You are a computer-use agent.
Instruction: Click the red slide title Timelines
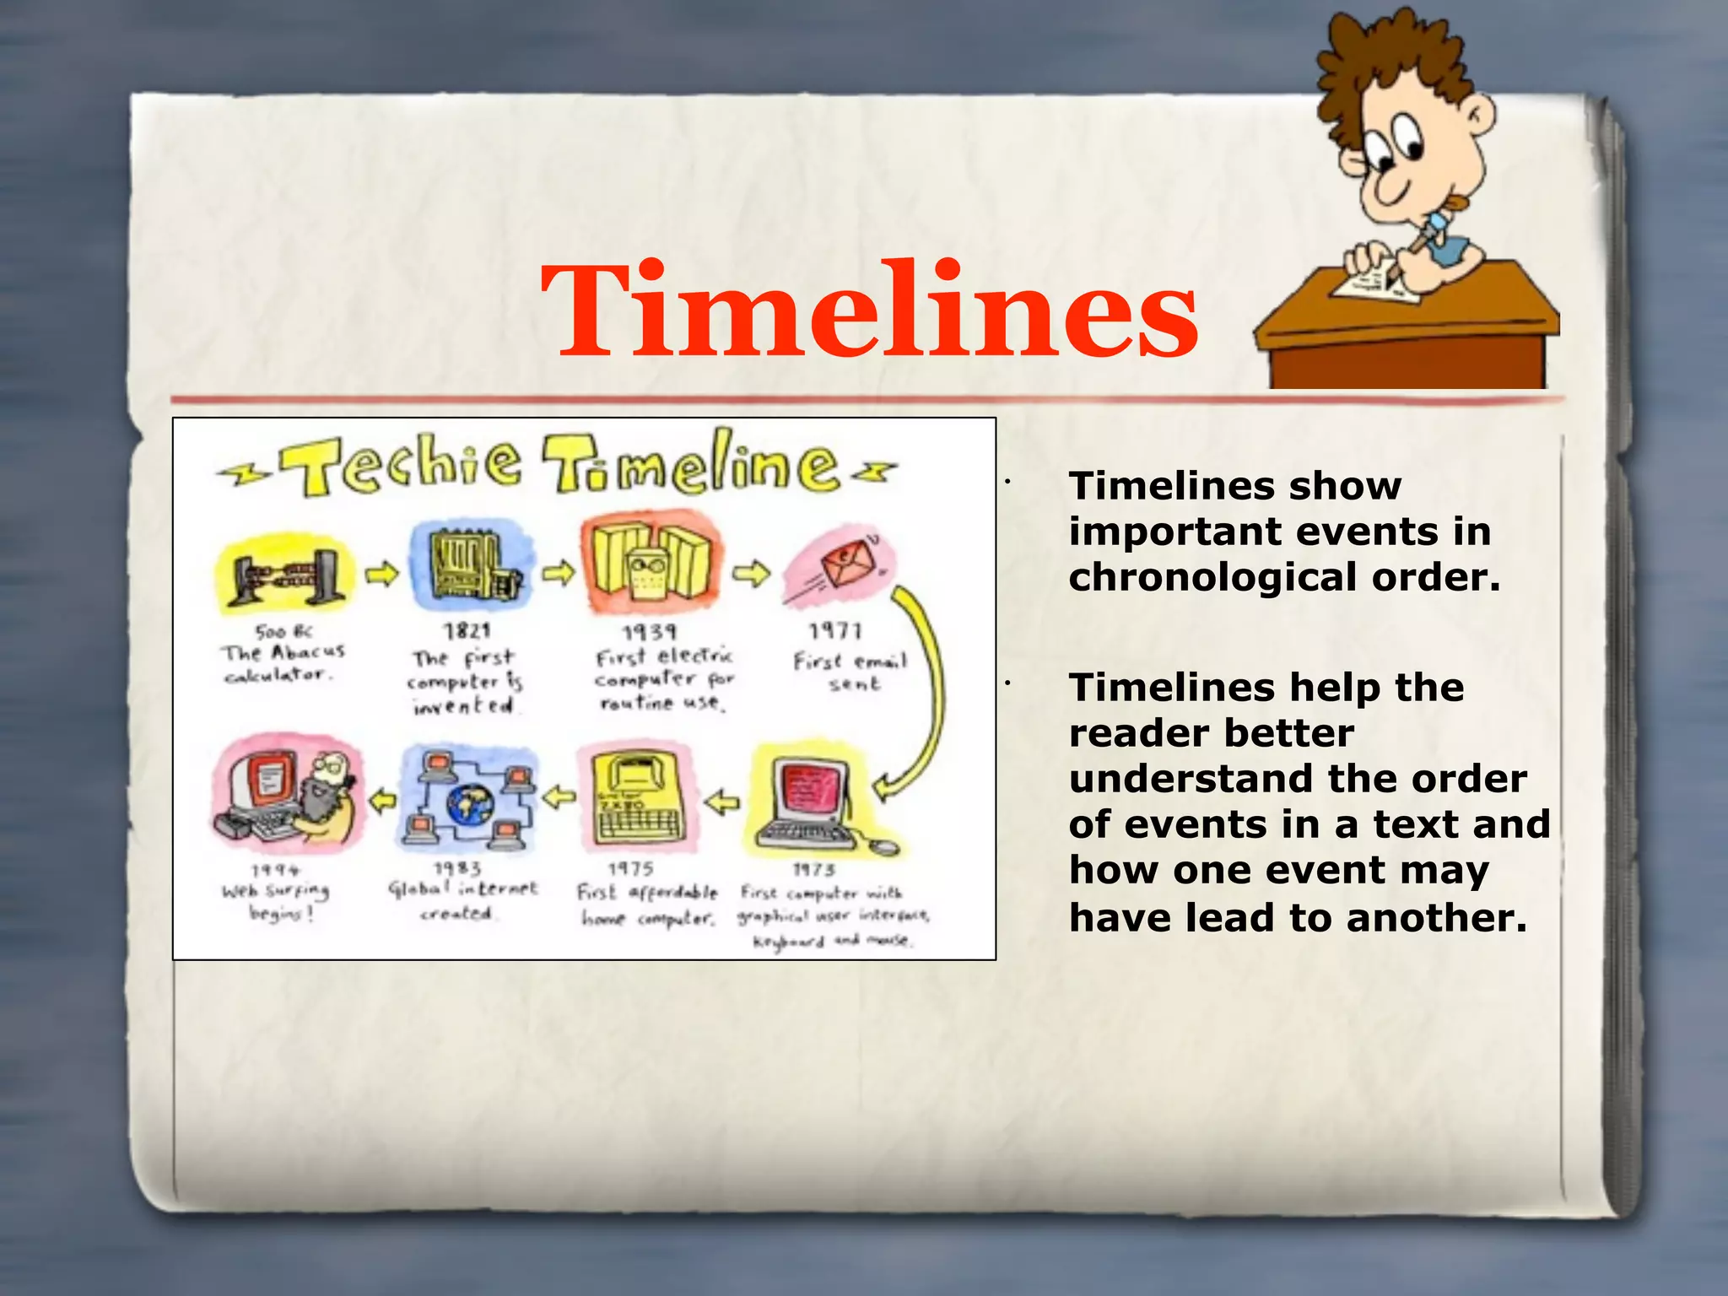click(x=869, y=312)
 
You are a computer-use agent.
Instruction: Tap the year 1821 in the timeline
click(x=467, y=631)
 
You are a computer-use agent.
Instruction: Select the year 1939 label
click(x=649, y=633)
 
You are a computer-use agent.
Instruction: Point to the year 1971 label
click(x=835, y=631)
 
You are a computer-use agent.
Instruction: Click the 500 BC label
click(x=283, y=631)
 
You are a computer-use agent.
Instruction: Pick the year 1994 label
click(x=275, y=870)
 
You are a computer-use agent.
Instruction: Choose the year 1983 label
click(x=457, y=869)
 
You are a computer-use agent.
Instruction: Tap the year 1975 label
click(x=631, y=869)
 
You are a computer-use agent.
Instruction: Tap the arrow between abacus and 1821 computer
click(x=381, y=574)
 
